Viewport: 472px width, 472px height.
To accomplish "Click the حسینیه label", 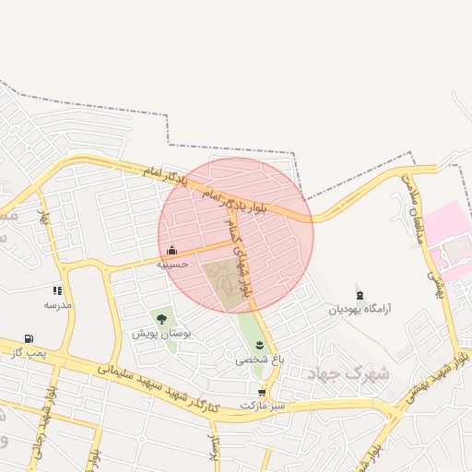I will pos(172,264).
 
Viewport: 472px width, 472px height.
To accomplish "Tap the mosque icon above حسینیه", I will pos(172,250).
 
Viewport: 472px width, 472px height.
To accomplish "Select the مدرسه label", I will pos(58,303).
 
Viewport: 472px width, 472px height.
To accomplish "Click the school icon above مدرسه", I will pos(58,290).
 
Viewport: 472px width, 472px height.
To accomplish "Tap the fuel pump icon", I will pos(29,339).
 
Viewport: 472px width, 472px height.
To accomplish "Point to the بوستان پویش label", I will pos(160,333).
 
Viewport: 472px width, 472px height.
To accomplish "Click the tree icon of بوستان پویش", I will pos(161,319).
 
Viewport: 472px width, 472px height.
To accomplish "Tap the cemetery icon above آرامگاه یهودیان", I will pos(360,296).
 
